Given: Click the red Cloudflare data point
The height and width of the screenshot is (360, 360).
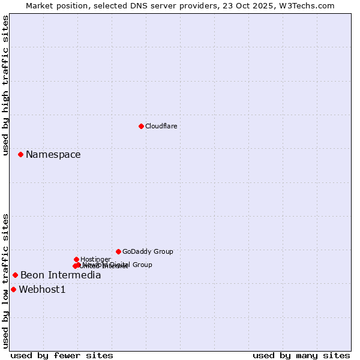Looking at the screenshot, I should click(x=141, y=126).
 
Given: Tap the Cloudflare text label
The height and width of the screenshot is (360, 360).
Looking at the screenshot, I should click(x=161, y=126).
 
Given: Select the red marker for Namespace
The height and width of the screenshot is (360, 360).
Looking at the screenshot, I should click(x=20, y=154).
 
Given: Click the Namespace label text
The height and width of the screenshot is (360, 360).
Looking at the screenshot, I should click(x=53, y=155).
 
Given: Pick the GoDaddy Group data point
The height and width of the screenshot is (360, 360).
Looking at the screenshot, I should click(x=118, y=251).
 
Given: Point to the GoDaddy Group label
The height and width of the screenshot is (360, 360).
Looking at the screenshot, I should click(x=148, y=252).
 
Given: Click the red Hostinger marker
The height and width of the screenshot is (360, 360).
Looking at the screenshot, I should click(x=76, y=259).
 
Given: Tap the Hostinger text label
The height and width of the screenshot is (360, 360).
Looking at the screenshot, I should click(x=95, y=259).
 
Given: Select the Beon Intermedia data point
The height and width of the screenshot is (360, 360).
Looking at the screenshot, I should click(x=15, y=275).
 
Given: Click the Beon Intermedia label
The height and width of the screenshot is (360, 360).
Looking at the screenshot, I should click(x=61, y=275).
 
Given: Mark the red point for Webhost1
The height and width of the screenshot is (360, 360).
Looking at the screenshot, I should click(x=13, y=289).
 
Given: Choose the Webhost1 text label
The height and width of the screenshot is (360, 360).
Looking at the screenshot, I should click(x=42, y=290).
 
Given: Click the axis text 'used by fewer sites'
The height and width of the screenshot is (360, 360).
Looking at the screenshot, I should click(x=62, y=355).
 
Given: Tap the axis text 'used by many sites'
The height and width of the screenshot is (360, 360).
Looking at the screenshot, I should click(x=301, y=355).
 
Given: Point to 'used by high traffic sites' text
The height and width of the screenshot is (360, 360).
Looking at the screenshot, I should click(x=5, y=86).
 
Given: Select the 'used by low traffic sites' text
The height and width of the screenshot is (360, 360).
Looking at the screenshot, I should click(x=5, y=281).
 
